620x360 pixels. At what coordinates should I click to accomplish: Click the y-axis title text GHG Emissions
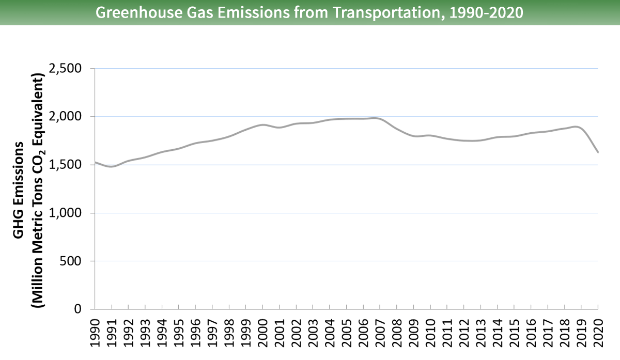coord(19,190)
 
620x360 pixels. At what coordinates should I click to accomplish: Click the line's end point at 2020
coord(598,152)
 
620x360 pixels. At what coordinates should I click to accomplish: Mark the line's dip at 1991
coord(112,166)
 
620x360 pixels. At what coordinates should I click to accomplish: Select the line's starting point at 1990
coord(95,162)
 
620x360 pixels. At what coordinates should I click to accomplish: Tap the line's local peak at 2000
coord(262,124)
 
